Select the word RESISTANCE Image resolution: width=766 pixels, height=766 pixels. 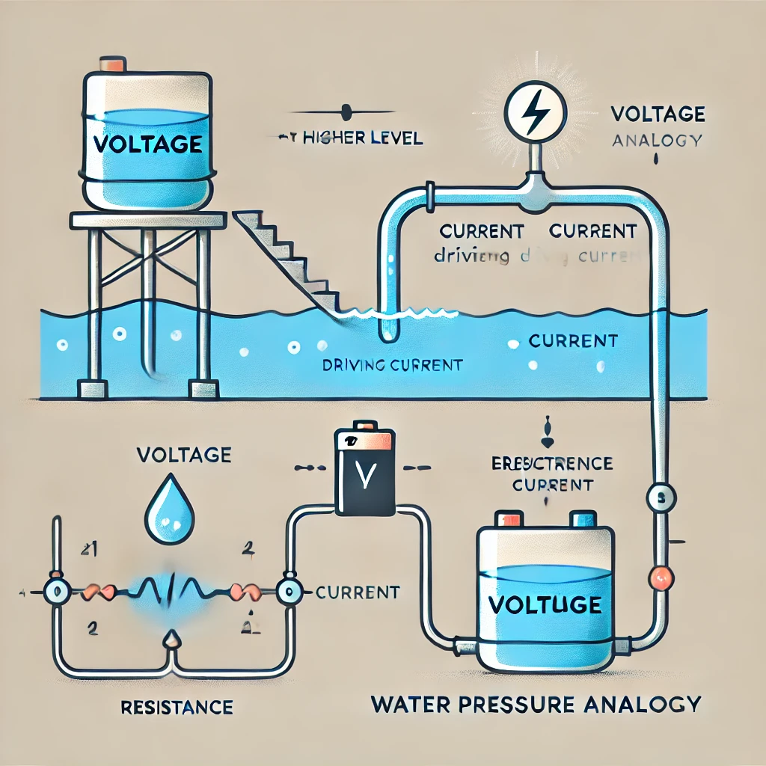(x=177, y=707)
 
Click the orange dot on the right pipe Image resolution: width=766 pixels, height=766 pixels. (x=660, y=577)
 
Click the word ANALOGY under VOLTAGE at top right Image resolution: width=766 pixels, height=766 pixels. (x=657, y=140)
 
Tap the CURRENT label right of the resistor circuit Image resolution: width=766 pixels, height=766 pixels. (x=357, y=592)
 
